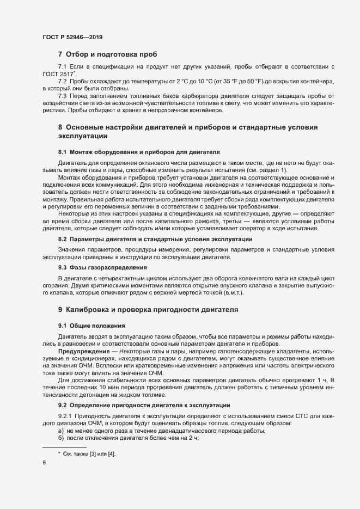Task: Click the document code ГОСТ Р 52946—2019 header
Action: click(x=72, y=37)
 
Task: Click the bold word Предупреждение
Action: click(x=82, y=353)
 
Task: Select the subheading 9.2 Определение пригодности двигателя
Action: click(x=144, y=406)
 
